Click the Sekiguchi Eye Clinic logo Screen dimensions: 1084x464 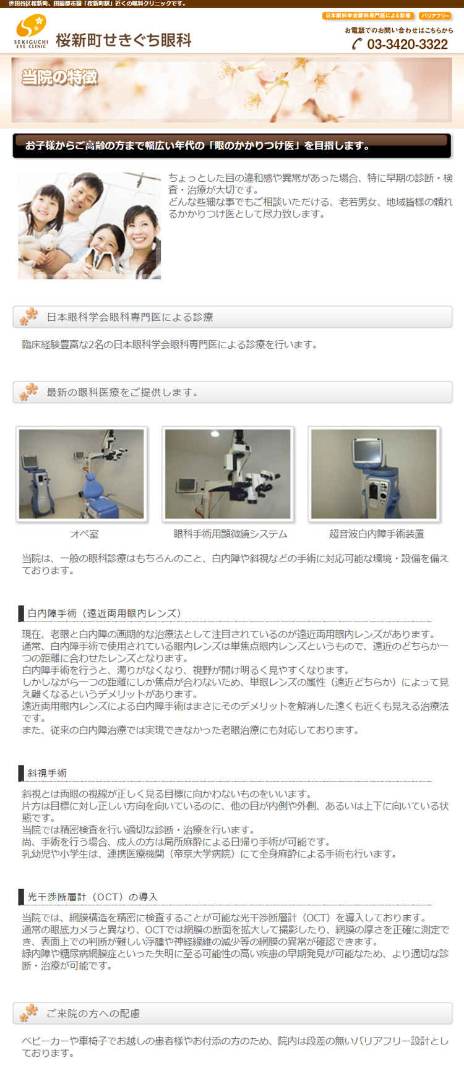click(x=31, y=32)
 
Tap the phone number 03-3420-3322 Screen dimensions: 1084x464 click(x=407, y=44)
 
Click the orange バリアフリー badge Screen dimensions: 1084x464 click(x=435, y=16)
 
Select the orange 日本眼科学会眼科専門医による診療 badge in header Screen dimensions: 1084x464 click(x=368, y=16)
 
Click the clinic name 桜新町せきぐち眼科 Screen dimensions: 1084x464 click(x=124, y=40)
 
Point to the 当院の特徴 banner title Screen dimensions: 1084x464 click(x=59, y=77)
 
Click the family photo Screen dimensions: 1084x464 click(x=90, y=226)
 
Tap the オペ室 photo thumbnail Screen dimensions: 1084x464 click(x=82, y=474)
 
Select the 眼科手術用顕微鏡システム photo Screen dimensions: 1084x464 click(x=228, y=474)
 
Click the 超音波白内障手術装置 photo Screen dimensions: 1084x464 click(x=374, y=474)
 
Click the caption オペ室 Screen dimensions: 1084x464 click(x=84, y=534)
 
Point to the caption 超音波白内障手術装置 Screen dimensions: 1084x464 click(x=376, y=534)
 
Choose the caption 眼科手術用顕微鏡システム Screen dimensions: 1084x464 click(x=230, y=534)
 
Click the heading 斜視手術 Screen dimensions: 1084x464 click(x=47, y=773)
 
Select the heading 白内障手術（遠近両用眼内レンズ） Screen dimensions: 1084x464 click(x=104, y=613)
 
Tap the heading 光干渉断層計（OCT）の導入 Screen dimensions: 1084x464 click(x=92, y=897)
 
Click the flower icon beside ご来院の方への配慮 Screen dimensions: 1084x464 click(x=28, y=1013)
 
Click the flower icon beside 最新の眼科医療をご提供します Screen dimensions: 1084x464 click(x=28, y=392)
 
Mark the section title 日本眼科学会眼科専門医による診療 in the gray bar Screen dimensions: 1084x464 click(x=130, y=317)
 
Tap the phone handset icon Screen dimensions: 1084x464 click(x=357, y=44)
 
